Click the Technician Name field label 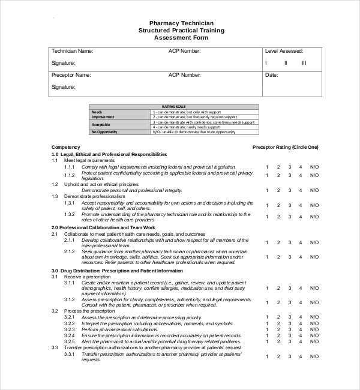[x=72, y=52]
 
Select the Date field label [x=271, y=76]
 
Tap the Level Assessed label [x=284, y=52]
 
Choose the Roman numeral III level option [x=304, y=62]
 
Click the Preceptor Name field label [x=71, y=76]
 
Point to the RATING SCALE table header [x=174, y=107]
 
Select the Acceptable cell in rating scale [x=101, y=124]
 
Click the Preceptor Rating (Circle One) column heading [x=285, y=148]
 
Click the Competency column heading [x=66, y=148]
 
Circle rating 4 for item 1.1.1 [x=301, y=167]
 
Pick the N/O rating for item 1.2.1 [x=314, y=190]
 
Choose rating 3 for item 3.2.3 [x=289, y=329]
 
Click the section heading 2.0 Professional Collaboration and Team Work [x=103, y=228]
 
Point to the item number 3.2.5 [x=70, y=341]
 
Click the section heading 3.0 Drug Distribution [x=117, y=271]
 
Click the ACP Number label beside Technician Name [x=184, y=52]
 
